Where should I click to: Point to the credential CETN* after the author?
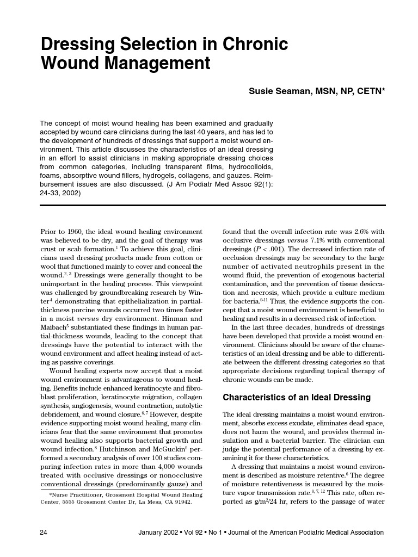371,91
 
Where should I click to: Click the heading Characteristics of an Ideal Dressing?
297,397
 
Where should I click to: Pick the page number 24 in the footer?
44,533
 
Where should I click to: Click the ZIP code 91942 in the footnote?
181,502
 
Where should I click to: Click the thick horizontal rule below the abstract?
213,206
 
